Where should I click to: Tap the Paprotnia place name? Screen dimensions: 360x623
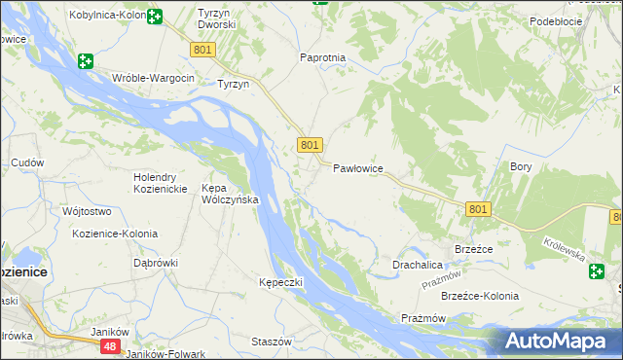click(322, 57)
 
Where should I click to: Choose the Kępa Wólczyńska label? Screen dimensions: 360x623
click(229, 193)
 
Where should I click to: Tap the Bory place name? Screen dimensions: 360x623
click(521, 166)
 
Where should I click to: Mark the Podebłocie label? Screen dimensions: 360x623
click(556, 20)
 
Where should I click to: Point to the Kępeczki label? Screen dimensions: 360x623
click(281, 282)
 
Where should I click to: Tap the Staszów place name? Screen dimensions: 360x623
click(272, 342)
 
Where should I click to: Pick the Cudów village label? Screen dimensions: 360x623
click(26, 162)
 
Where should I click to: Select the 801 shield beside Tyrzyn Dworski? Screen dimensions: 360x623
click(202, 50)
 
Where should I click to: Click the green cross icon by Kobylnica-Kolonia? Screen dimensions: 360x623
click(155, 16)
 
